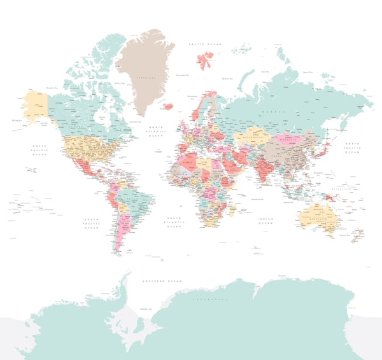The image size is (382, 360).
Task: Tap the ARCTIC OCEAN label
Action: (203, 44)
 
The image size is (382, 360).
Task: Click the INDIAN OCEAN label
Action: (266, 221)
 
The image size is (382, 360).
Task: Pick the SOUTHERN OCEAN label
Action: (159, 280)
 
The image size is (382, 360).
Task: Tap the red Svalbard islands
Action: (204, 60)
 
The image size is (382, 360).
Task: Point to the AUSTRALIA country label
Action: (317, 222)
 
